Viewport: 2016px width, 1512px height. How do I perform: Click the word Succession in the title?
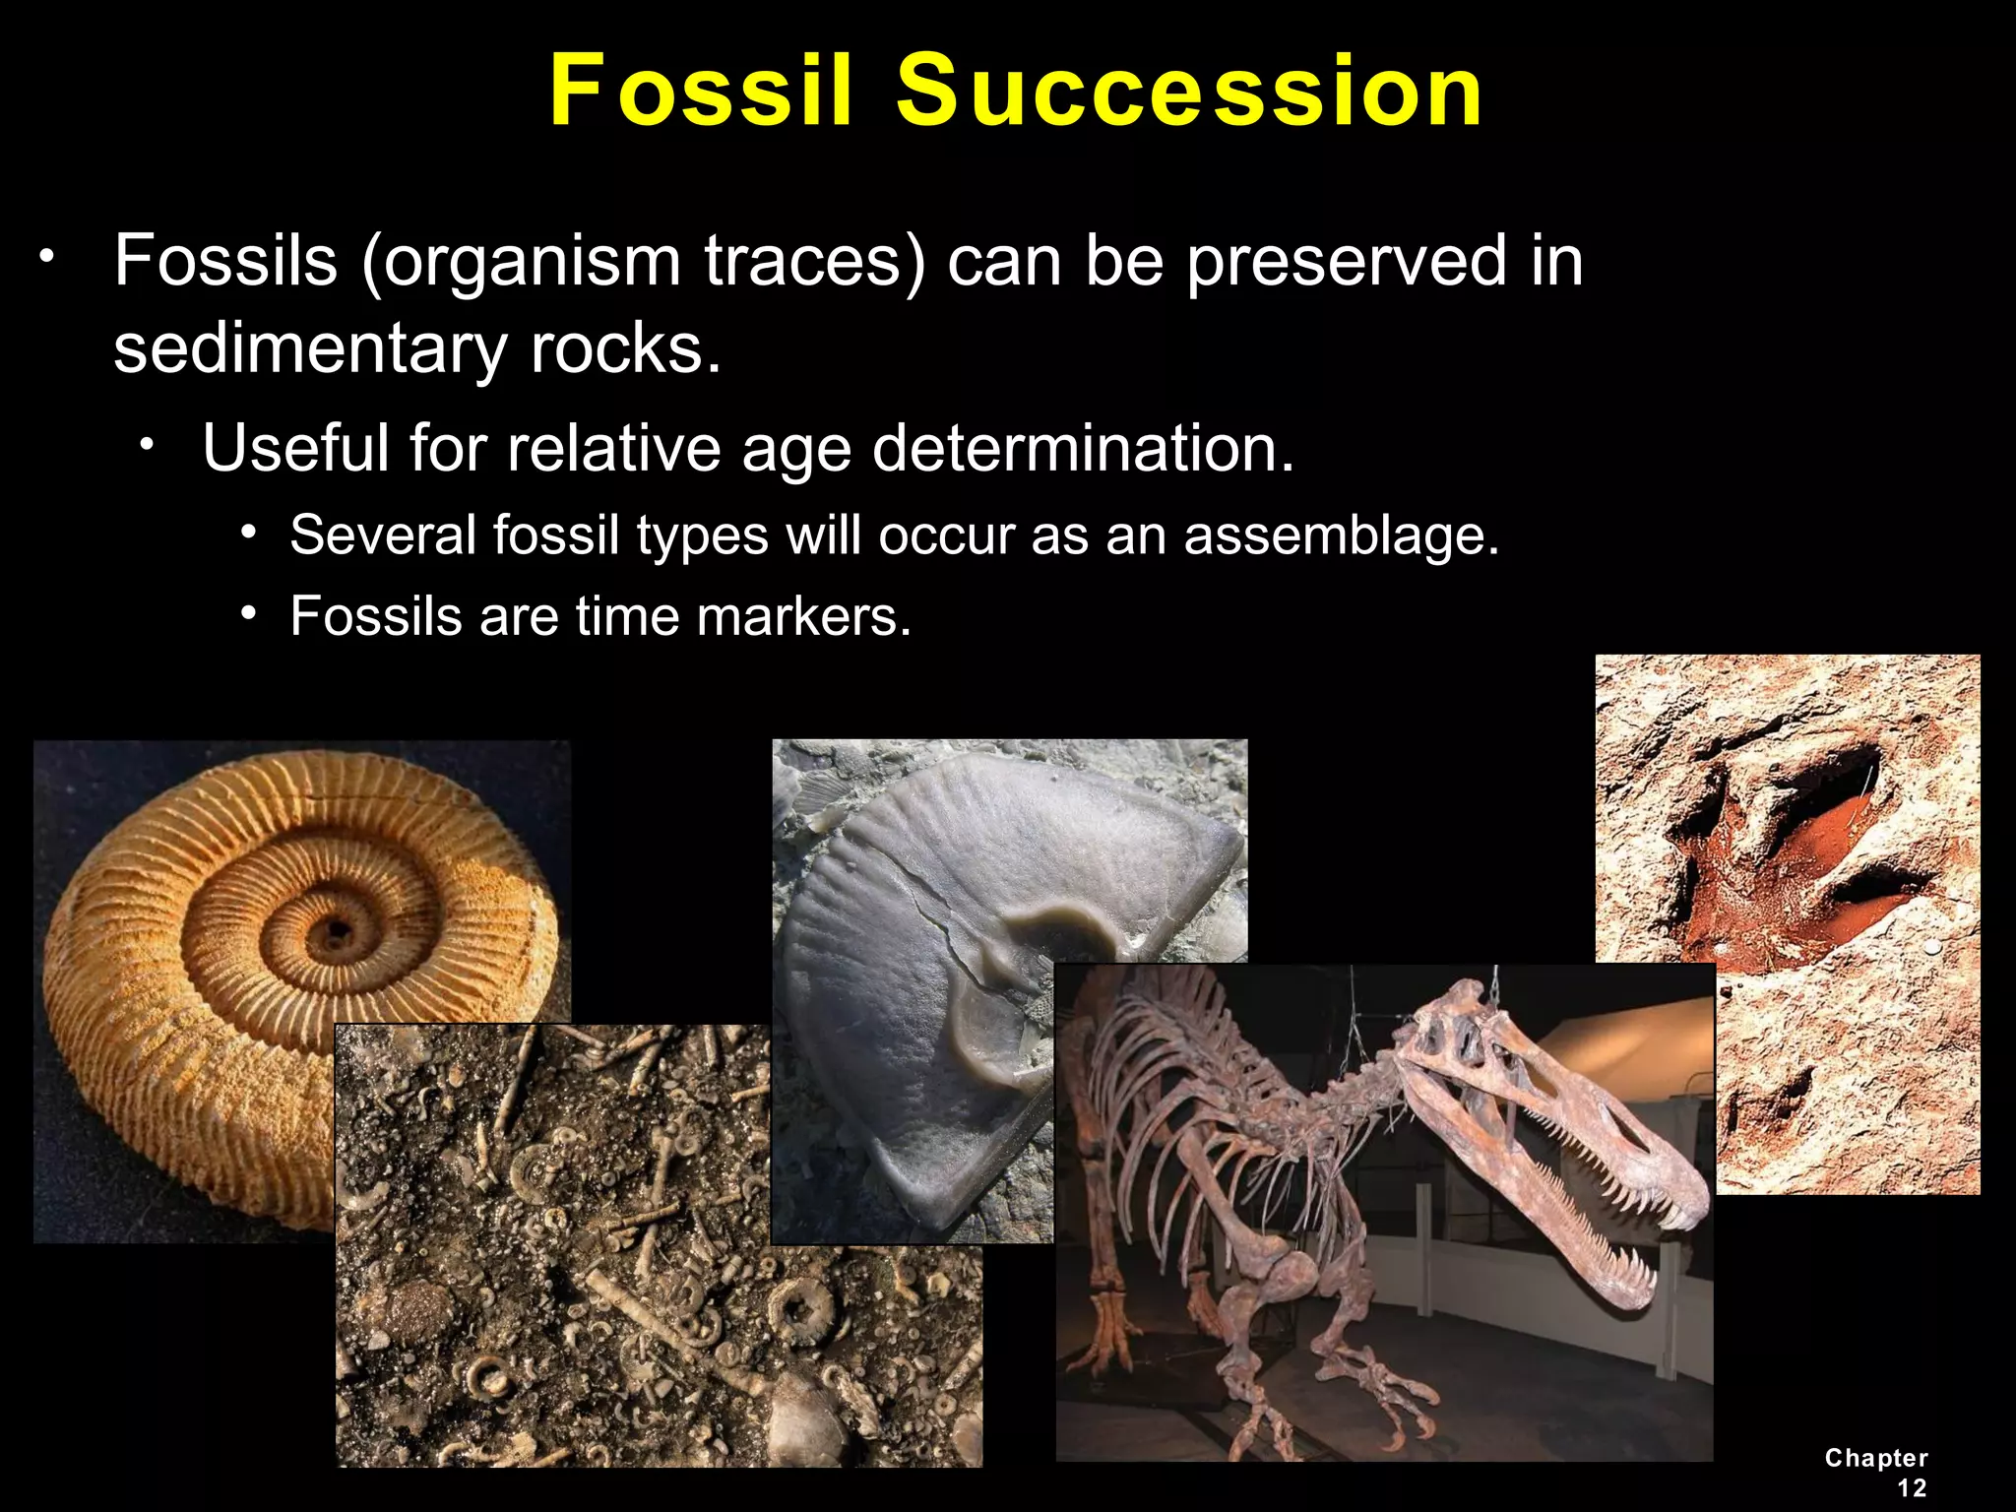pyautogui.click(x=1189, y=91)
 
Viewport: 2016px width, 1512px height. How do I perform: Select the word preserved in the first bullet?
pyautogui.click(x=1347, y=262)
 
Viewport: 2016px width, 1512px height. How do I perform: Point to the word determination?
pyautogui.click(x=1083, y=448)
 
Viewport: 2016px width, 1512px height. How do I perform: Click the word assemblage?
pyautogui.click(x=1341, y=536)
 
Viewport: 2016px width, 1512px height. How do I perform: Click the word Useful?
pyautogui.click(x=295, y=448)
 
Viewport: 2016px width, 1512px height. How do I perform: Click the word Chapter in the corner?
pyautogui.click(x=1876, y=1458)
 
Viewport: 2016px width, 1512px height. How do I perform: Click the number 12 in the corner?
pyautogui.click(x=1912, y=1487)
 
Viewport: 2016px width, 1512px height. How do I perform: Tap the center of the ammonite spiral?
pyautogui.click(x=335, y=929)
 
